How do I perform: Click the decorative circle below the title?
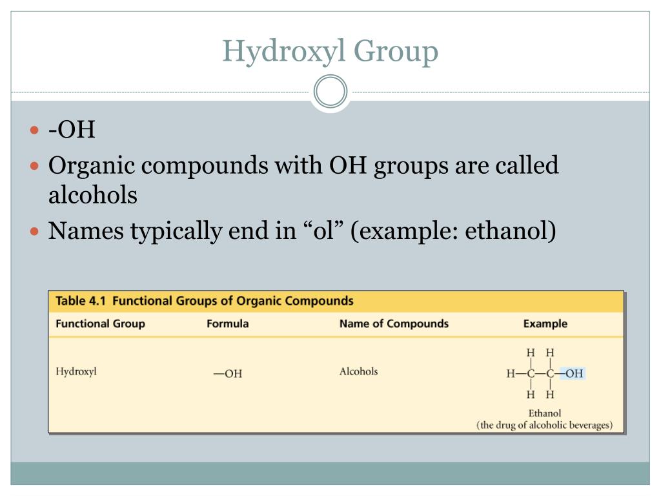pyautogui.click(x=330, y=92)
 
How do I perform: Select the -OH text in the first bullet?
pyautogui.click(x=72, y=130)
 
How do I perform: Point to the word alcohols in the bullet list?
pyautogui.click(x=93, y=195)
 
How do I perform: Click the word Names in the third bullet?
pyautogui.click(x=86, y=231)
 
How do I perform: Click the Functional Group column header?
pyautogui.click(x=100, y=324)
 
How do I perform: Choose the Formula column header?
pyautogui.click(x=227, y=324)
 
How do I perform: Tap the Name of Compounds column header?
pyautogui.click(x=394, y=324)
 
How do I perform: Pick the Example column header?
pyautogui.click(x=545, y=324)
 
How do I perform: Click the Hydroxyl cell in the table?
pyautogui.click(x=76, y=372)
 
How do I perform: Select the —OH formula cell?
pyautogui.click(x=228, y=374)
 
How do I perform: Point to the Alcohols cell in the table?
pyautogui.click(x=358, y=371)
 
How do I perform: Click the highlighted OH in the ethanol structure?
pyautogui.click(x=573, y=373)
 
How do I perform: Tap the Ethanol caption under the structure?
pyautogui.click(x=545, y=413)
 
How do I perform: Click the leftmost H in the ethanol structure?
pyautogui.click(x=511, y=373)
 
